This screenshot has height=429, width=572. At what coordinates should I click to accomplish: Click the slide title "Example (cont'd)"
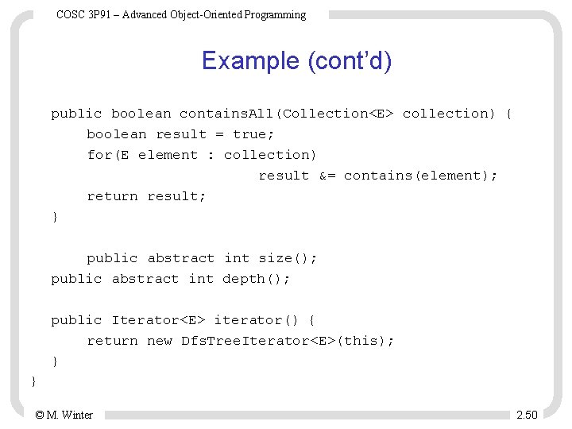[296, 60]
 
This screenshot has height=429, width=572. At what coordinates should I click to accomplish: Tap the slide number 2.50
[526, 415]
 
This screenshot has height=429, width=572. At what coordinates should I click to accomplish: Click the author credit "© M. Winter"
[64, 415]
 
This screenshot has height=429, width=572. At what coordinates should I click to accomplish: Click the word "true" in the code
[253, 134]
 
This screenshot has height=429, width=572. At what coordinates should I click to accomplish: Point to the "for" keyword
[99, 155]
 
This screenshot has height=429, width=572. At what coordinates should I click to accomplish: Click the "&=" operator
[327, 176]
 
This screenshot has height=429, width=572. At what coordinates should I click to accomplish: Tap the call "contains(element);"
[420, 176]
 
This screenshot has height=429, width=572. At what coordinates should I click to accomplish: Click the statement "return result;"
[146, 196]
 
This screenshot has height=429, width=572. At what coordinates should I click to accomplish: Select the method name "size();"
[287, 258]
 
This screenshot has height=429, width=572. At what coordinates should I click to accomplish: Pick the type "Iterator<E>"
[159, 320]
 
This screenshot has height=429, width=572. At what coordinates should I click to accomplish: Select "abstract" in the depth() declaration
[145, 279]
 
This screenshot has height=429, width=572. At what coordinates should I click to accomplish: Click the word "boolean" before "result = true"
[116, 134]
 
